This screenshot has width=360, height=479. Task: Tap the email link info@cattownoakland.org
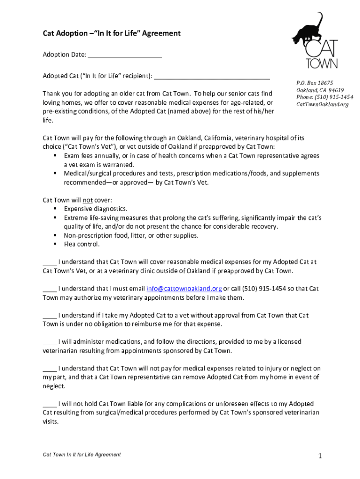pos(184,289)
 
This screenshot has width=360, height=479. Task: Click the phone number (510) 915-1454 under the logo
pos(324,97)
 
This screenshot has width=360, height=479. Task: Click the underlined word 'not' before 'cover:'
pos(87,200)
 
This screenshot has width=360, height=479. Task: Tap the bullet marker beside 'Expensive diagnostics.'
pos(55,209)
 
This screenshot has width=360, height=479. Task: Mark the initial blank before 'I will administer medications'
pos(50,342)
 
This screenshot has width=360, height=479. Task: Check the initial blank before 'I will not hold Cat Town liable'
pos(50,404)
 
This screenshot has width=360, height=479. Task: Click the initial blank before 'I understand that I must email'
pos(50,289)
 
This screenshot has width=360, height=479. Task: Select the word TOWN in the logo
pos(321,63)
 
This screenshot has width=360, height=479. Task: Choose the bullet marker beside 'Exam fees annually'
pos(55,156)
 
